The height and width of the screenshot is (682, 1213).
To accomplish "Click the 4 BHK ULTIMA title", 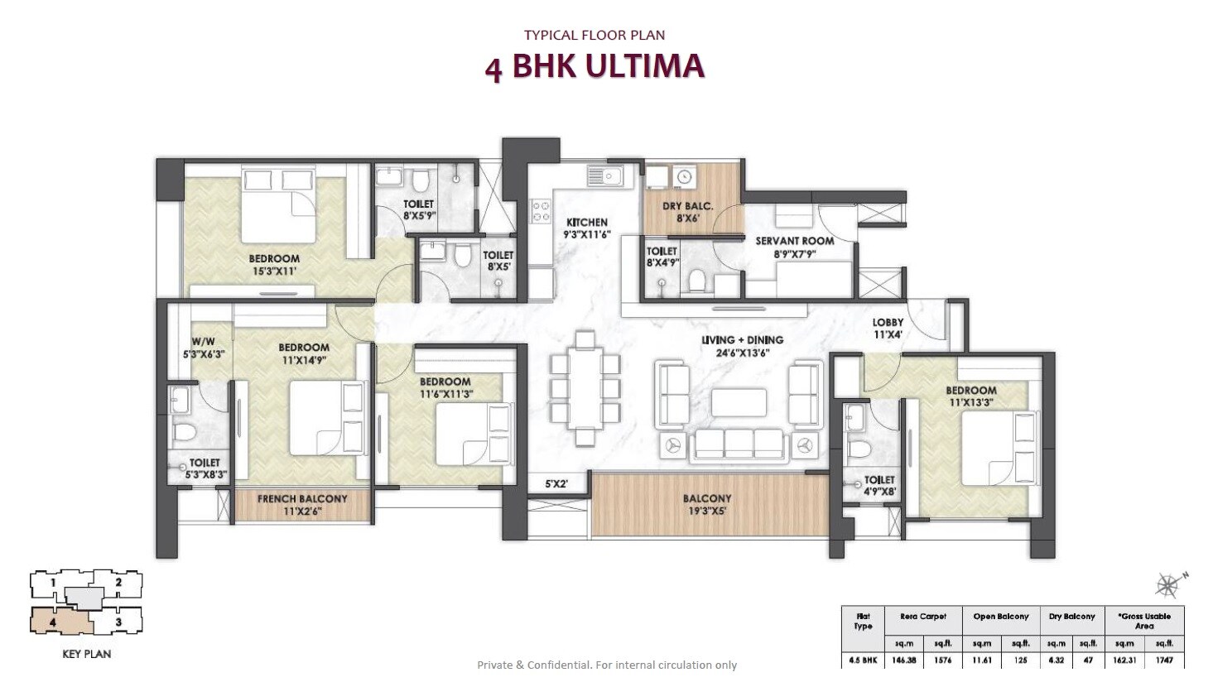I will (x=594, y=66).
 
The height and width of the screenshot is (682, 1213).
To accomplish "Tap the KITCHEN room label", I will (x=587, y=228).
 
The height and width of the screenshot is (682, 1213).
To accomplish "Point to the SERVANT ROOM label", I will (x=794, y=247).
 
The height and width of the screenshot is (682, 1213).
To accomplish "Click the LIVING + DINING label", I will (x=742, y=345).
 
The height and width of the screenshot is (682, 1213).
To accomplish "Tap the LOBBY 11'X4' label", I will (x=887, y=329).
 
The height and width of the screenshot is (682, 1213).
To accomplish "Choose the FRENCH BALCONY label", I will (x=302, y=505).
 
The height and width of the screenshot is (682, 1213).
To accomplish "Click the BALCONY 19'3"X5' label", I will (x=707, y=504).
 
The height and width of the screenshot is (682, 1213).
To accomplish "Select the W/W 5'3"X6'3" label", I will (x=203, y=348).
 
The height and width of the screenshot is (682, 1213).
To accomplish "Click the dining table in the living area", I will (x=585, y=390).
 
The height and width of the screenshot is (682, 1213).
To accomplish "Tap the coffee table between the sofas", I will (x=739, y=402).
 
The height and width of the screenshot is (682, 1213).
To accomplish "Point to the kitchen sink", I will (x=605, y=175).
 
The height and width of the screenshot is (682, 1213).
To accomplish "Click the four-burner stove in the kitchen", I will (x=541, y=210).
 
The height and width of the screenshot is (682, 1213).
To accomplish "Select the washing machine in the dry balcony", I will (x=683, y=177).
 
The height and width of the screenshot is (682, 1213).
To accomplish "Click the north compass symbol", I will (x=1168, y=585).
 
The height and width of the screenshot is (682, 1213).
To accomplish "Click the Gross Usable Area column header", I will (x=1144, y=621).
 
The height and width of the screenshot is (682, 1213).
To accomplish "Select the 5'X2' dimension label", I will (x=556, y=483).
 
